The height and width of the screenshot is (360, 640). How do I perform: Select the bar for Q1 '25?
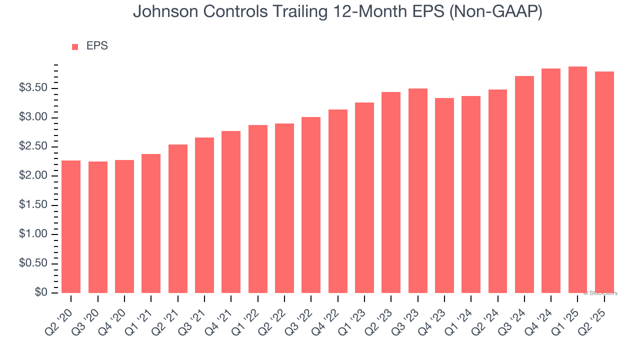(x=577, y=179)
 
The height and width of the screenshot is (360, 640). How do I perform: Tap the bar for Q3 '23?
(x=417, y=190)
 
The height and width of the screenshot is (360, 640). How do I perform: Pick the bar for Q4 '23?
(x=444, y=195)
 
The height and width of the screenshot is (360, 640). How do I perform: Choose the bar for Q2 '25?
(x=604, y=182)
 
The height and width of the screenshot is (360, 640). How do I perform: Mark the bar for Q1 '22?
(x=257, y=209)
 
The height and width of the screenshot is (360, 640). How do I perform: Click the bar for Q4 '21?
(x=231, y=212)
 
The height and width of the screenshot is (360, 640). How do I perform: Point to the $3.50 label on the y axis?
(x=33, y=88)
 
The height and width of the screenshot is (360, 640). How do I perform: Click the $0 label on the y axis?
(x=41, y=292)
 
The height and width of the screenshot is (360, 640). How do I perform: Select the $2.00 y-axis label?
(x=33, y=176)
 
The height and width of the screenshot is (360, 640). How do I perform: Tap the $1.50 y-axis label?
(x=33, y=205)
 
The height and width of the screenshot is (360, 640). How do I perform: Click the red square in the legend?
(x=75, y=47)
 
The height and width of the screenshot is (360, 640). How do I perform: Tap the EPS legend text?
(x=97, y=46)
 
